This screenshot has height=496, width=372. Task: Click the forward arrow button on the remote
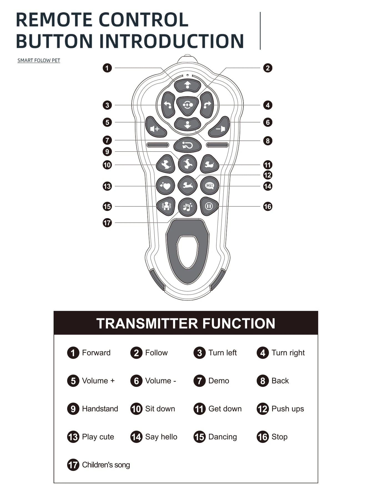coord(187,85)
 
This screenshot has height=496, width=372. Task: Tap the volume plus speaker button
coord(155,127)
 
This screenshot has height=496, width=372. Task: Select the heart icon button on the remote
coord(165,185)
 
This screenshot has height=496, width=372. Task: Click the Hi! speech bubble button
coord(210,185)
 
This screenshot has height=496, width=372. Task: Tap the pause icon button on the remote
coord(209,206)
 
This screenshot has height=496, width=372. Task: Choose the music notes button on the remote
coord(187,207)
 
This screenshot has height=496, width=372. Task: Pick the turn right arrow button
coord(207,105)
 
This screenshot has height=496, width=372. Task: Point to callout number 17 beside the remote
coord(107,223)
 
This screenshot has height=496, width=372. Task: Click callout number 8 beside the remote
coord(268,141)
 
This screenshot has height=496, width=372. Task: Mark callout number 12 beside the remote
coord(268,175)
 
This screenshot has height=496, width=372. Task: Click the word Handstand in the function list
coord(100,409)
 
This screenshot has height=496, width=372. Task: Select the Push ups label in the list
coord(288,409)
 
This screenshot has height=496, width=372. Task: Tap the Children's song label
coord(106,465)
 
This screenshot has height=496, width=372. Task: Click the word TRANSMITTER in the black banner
coord(147,323)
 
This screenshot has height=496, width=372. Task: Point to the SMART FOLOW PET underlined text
coord(39,60)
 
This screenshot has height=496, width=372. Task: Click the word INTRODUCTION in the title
coord(171,41)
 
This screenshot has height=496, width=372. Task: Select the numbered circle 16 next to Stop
coord(263,437)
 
